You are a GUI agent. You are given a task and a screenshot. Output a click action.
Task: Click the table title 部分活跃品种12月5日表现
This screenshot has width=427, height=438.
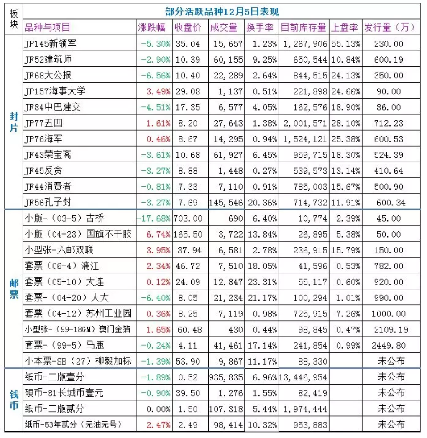click(x=222, y=12)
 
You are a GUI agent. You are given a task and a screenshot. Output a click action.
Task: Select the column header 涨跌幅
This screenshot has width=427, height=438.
click(x=151, y=28)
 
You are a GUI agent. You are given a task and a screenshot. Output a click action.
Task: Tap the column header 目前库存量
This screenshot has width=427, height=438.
click(x=303, y=28)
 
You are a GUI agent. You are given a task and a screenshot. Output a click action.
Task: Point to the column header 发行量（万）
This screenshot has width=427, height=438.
click(x=389, y=28)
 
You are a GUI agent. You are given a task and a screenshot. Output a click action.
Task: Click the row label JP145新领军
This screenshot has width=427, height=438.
click(x=50, y=43)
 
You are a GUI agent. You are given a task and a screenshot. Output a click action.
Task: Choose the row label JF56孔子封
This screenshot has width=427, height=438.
click(x=48, y=202)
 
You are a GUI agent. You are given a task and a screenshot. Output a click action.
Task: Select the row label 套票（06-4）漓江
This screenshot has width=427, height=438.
click(x=62, y=266)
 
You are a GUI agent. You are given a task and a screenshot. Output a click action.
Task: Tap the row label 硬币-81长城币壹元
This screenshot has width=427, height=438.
click(x=64, y=393)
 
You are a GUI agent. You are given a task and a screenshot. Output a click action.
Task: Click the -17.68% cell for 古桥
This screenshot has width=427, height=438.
click(x=153, y=218)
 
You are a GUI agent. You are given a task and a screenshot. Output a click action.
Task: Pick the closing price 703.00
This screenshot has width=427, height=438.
click(x=188, y=218)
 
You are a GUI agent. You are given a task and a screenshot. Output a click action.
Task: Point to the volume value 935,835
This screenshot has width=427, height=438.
click(x=226, y=377)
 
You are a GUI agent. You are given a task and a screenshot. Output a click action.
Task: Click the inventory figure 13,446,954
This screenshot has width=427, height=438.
click(x=303, y=377)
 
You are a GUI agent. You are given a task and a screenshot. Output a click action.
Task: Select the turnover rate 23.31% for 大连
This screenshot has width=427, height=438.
click(x=263, y=282)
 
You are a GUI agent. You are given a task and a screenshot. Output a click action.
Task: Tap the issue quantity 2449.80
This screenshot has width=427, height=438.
click(x=389, y=346)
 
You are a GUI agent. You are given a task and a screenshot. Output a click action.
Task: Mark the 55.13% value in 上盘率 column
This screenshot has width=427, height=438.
click(x=345, y=44)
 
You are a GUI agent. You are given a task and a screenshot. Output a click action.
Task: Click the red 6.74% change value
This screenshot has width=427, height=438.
click(x=159, y=234)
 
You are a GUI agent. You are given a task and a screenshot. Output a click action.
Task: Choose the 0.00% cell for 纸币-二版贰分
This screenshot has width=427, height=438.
click(x=159, y=409)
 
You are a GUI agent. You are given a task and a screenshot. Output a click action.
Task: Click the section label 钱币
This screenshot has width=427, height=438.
click(x=14, y=400)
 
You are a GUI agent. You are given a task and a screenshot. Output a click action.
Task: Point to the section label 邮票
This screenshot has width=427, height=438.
click(x=14, y=289)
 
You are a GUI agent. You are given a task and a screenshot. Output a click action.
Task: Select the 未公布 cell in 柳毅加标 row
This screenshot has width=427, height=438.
click(x=391, y=361)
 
